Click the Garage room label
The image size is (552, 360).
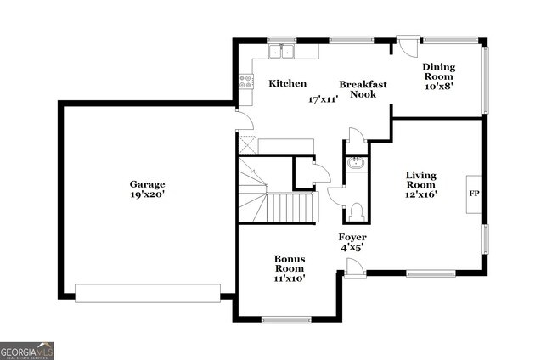click(x=147, y=184)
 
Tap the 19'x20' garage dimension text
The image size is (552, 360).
click(x=147, y=194)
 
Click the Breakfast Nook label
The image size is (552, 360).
click(x=363, y=90)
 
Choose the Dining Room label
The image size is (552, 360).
click(x=439, y=73)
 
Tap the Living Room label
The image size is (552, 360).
click(x=420, y=179)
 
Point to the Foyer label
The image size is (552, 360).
click(x=352, y=237)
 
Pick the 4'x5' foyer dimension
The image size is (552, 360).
click(x=352, y=248)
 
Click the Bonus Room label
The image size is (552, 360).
click(x=289, y=264)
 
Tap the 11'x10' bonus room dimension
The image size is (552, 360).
click(x=289, y=278)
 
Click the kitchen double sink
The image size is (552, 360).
click(x=281, y=53)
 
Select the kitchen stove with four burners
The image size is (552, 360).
click(x=246, y=82)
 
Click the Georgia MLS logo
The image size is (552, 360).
click(x=27, y=351)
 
